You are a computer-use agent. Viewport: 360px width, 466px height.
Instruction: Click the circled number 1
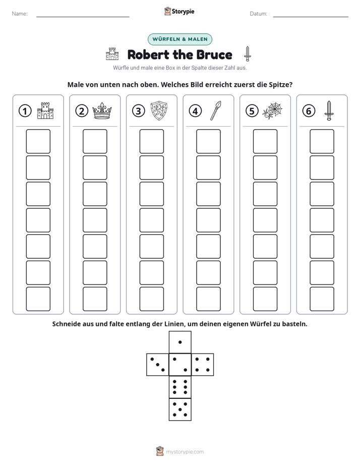(25, 111)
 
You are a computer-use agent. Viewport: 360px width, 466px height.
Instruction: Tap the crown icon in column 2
(102, 111)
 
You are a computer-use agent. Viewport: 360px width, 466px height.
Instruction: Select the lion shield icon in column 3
(159, 110)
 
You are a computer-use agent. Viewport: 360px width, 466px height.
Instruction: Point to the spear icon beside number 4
(216, 110)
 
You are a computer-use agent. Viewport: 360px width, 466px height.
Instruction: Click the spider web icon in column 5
(272, 110)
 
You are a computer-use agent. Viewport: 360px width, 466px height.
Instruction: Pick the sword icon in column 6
(329, 110)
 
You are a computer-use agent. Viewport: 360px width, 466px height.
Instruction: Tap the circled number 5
(252, 111)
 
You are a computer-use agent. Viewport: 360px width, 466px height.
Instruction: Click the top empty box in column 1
(38, 141)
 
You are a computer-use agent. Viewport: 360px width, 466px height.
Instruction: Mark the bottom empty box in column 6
(322, 299)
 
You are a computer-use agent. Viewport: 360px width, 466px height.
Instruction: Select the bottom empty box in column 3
(151, 299)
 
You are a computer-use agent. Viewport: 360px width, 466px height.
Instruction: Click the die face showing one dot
(180, 342)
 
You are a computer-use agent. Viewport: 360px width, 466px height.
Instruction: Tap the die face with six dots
(180, 387)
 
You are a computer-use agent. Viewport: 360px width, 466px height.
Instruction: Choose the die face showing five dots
(180, 409)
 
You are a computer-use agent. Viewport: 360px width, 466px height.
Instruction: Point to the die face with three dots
(158, 364)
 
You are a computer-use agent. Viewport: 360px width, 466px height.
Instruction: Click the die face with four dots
(203, 364)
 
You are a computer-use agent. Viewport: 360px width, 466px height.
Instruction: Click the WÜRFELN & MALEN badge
(180, 39)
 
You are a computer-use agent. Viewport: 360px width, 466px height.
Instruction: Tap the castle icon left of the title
(112, 54)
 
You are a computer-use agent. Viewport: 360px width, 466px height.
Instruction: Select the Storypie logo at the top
(179, 11)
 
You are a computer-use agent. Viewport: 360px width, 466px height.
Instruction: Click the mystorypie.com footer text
(185, 452)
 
